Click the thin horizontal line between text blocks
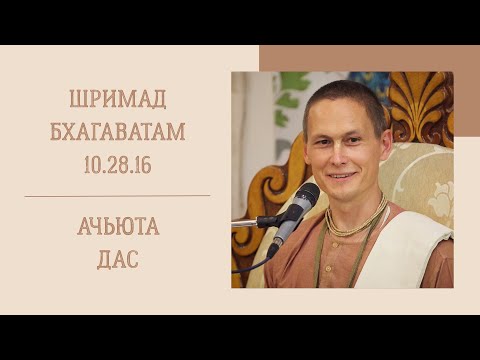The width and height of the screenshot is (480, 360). pos(117,196)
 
